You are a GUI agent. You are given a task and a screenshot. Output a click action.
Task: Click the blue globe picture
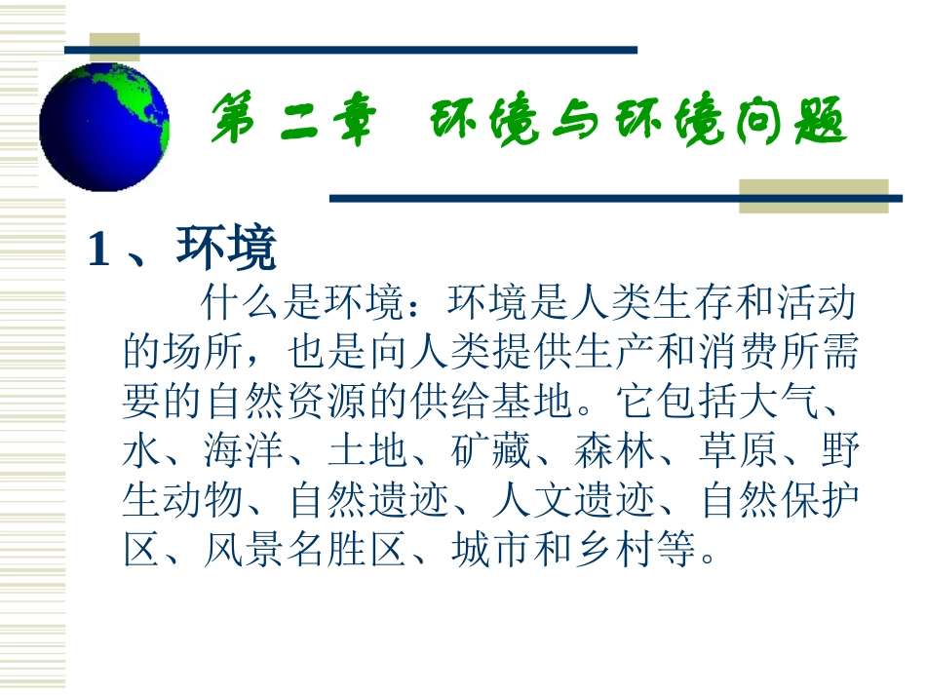click(104, 127)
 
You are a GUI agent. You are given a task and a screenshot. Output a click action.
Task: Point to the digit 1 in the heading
click(96, 251)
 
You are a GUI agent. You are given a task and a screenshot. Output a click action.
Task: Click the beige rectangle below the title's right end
click(813, 195)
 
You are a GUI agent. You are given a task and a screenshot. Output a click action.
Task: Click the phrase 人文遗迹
click(573, 502)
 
